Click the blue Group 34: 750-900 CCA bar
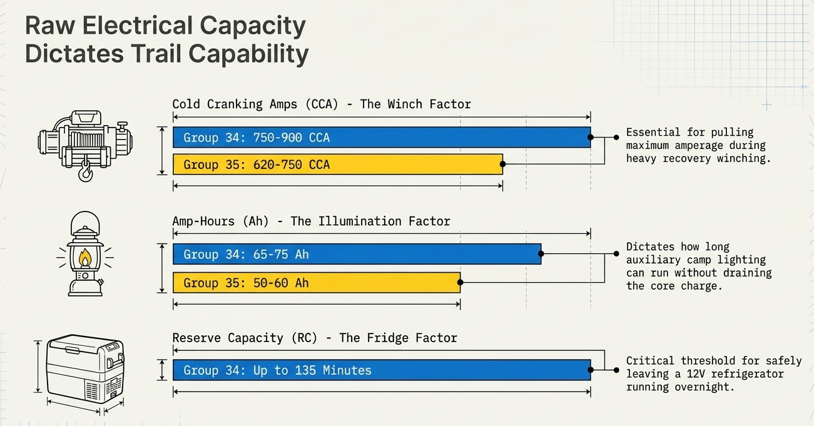click(382, 137)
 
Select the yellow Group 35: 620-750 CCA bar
click(338, 164)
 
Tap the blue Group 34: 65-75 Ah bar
click(357, 254)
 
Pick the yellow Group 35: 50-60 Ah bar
click(317, 283)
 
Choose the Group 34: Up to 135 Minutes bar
click(382, 370)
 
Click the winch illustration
click(85, 146)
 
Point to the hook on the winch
click(85, 171)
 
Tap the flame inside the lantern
click(85, 257)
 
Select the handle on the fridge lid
click(73, 350)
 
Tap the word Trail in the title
click(156, 54)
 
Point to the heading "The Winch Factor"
click(415, 104)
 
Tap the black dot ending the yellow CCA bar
click(503, 164)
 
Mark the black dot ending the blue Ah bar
click(541, 254)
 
